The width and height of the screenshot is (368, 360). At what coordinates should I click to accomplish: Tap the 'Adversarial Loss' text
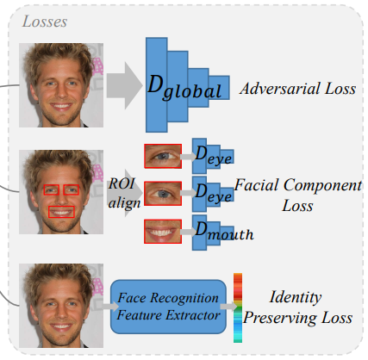(x=298, y=89)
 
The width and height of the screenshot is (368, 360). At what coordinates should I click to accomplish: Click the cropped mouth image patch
(x=162, y=230)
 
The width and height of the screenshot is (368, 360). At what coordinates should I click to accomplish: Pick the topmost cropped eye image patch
(x=163, y=155)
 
